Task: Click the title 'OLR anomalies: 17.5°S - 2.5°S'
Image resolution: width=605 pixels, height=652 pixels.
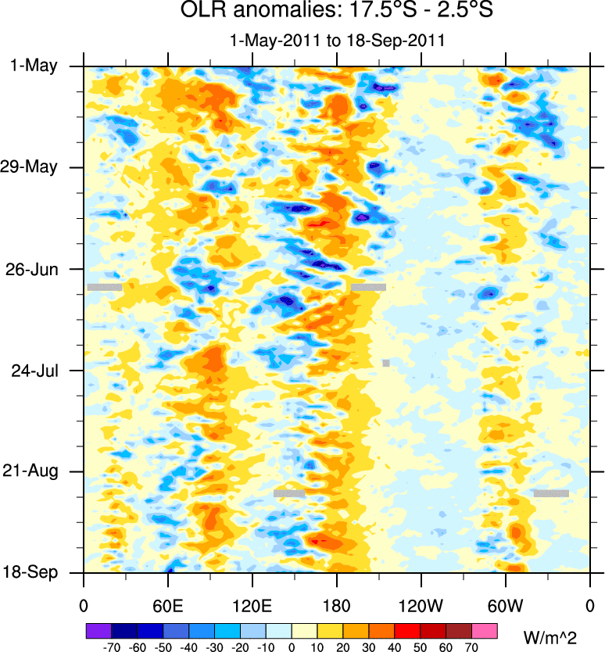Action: click(x=336, y=12)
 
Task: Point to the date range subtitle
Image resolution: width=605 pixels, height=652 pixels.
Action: click(x=336, y=41)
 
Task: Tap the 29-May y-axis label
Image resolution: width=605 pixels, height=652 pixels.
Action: click(x=34, y=167)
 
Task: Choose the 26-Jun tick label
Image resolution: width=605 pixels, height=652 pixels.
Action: click(x=35, y=269)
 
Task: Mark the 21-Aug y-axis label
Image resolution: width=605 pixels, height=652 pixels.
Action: click(x=35, y=471)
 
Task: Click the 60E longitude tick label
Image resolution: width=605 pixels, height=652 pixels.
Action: click(x=168, y=605)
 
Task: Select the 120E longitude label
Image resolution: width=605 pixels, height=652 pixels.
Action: click(x=252, y=605)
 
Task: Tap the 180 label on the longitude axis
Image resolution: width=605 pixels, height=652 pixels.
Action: click(x=336, y=605)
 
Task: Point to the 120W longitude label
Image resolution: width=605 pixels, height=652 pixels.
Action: click(x=421, y=605)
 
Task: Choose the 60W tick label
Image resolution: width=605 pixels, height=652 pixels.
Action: click(x=505, y=605)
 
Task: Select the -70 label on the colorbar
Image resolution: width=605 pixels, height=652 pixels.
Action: click(x=112, y=647)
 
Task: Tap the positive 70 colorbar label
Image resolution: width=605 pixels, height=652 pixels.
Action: click(x=471, y=647)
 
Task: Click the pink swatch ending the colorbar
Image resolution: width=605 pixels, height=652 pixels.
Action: click(x=485, y=630)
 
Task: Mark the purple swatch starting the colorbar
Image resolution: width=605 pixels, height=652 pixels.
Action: click(x=98, y=630)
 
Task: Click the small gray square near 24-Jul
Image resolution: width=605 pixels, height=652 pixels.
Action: click(x=386, y=363)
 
